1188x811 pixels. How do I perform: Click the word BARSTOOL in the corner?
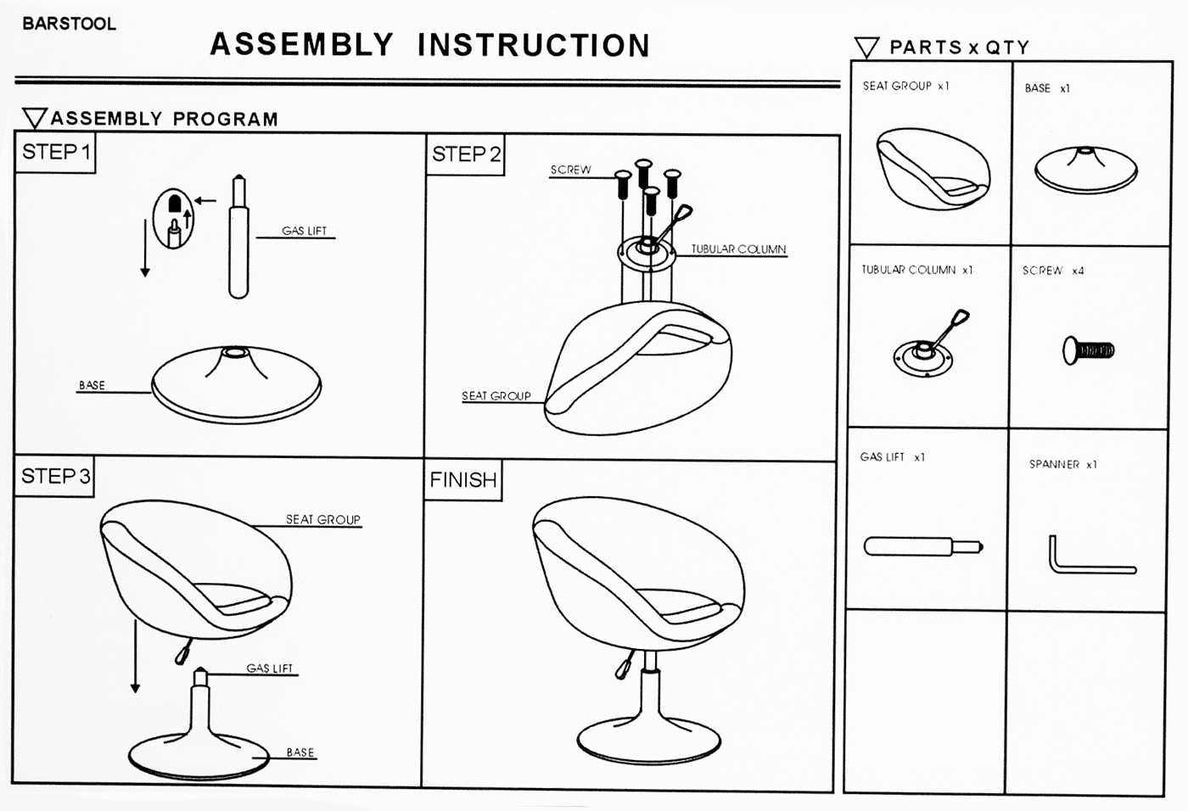coord(69,24)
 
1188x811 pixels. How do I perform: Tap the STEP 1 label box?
coord(55,153)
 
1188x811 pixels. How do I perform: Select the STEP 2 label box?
coord(466,154)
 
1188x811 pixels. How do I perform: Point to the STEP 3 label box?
coord(55,476)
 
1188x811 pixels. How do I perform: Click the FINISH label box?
coord(462,480)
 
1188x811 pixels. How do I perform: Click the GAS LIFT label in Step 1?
coord(304,231)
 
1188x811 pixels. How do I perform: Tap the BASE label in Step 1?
coord(92,385)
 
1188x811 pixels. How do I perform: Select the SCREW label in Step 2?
coord(570,170)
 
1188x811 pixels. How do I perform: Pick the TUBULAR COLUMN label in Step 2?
coord(738,249)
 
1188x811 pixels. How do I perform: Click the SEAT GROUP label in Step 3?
coord(322,519)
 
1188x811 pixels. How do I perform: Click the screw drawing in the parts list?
coord(1088,350)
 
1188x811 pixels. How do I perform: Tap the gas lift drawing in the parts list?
coord(922,546)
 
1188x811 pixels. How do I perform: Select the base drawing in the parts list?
coord(1085,170)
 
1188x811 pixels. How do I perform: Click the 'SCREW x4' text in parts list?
coord(1052,271)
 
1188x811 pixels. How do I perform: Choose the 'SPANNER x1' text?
coord(1062,464)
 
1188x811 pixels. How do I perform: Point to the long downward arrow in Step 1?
coord(145,247)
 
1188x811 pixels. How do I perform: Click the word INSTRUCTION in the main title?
coord(534,45)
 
